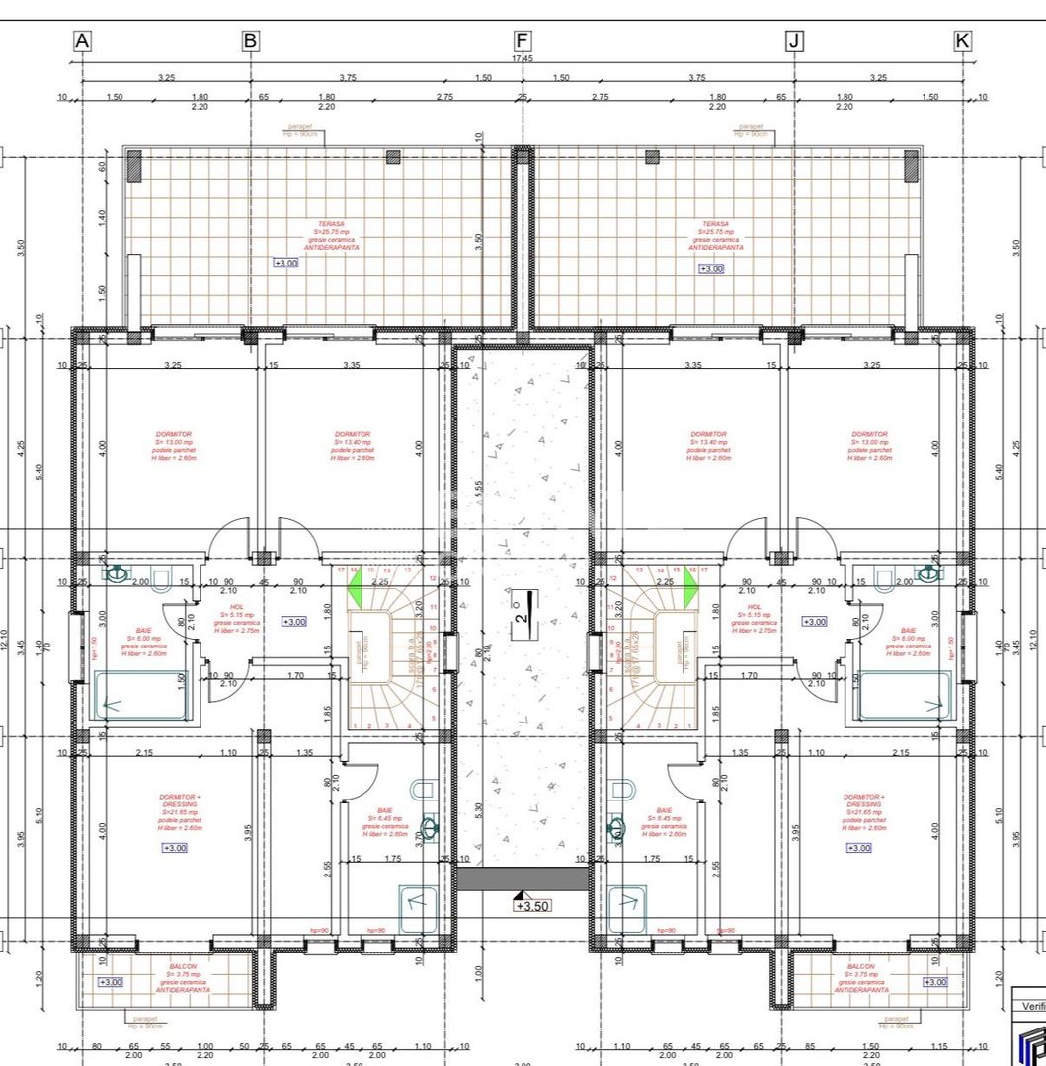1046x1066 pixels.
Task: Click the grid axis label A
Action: [x=82, y=40]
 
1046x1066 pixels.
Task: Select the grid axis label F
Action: [x=523, y=40]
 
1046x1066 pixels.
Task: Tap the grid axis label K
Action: [x=962, y=40]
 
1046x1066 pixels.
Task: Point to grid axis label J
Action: [x=794, y=40]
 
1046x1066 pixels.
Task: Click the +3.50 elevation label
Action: [x=532, y=905]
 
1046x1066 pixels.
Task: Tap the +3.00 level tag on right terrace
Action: [x=711, y=268]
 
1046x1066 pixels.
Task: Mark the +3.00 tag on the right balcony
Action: [x=934, y=982]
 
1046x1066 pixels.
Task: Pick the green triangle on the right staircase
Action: [x=690, y=592]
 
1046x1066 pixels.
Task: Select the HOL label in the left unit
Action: [x=236, y=607]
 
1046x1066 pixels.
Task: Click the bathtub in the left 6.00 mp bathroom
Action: [x=140, y=696]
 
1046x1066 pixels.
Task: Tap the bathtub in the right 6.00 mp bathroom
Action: [x=905, y=696]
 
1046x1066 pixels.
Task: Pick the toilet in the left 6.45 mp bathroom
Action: [x=423, y=789]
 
